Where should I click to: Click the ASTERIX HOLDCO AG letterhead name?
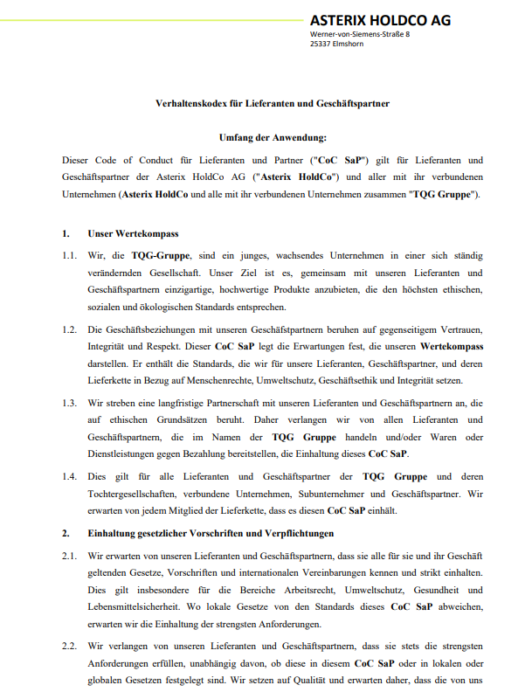(x=380, y=19)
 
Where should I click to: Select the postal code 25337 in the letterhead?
(x=322, y=44)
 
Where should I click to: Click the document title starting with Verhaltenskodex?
(x=266, y=104)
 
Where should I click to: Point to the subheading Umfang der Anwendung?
(x=273, y=137)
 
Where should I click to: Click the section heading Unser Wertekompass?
(x=133, y=234)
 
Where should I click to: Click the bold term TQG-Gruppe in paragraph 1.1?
(x=155, y=255)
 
